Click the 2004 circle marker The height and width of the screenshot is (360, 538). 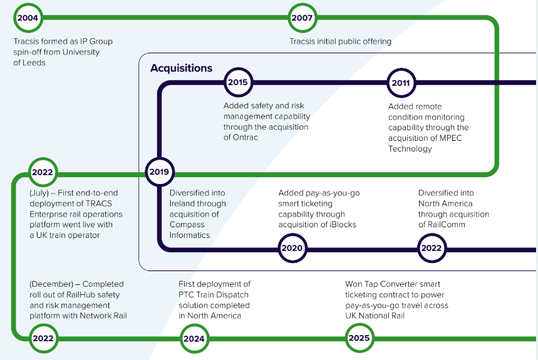click(28, 18)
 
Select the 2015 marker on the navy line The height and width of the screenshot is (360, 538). click(237, 82)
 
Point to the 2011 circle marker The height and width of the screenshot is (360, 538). click(400, 83)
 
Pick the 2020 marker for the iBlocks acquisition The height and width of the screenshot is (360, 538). click(291, 248)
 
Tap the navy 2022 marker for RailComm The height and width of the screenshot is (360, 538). click(431, 248)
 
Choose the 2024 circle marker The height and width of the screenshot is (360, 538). click(193, 339)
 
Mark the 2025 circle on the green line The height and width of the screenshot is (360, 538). click(359, 339)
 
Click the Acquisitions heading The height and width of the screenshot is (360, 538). click(181, 68)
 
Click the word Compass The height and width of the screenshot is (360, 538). click(187, 225)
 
